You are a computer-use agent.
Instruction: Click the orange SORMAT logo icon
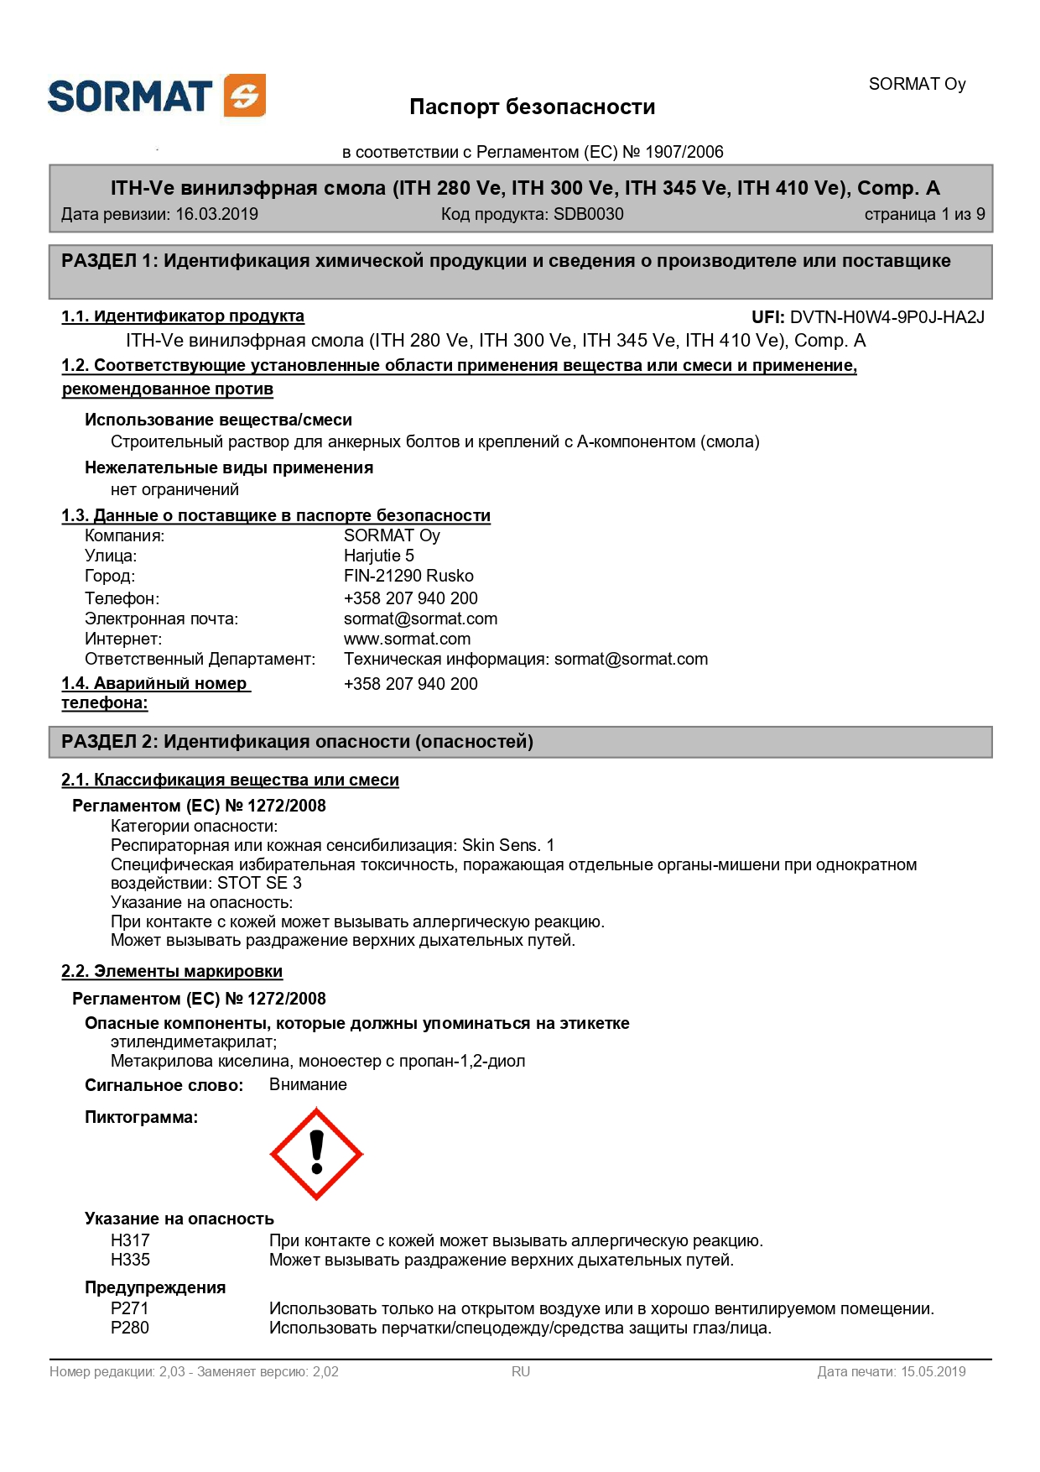pos(245,95)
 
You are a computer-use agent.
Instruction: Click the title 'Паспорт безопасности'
pos(532,107)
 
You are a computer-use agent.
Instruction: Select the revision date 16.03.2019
pos(216,214)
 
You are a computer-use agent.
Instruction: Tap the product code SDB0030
pos(588,214)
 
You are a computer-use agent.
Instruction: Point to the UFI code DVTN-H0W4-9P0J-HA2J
pos(887,317)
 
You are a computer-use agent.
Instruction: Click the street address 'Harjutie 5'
pos(379,556)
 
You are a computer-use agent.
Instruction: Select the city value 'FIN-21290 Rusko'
pos(408,576)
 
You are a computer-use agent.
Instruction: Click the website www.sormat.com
pos(407,639)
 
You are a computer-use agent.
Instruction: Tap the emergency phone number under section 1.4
pos(411,684)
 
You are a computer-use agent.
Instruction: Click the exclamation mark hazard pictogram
pos(316,1153)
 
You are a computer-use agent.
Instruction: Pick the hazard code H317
pos(130,1240)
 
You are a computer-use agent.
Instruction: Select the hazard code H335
pos(130,1260)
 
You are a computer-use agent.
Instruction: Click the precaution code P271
pos(130,1308)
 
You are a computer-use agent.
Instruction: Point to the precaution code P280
pos(130,1328)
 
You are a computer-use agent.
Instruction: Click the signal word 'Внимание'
pos(308,1084)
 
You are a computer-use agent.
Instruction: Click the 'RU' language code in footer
pos(521,1372)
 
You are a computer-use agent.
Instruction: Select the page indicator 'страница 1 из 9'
pos(924,214)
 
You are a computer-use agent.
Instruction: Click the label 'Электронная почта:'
pos(161,619)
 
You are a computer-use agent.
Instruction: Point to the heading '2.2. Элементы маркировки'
pos(172,971)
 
